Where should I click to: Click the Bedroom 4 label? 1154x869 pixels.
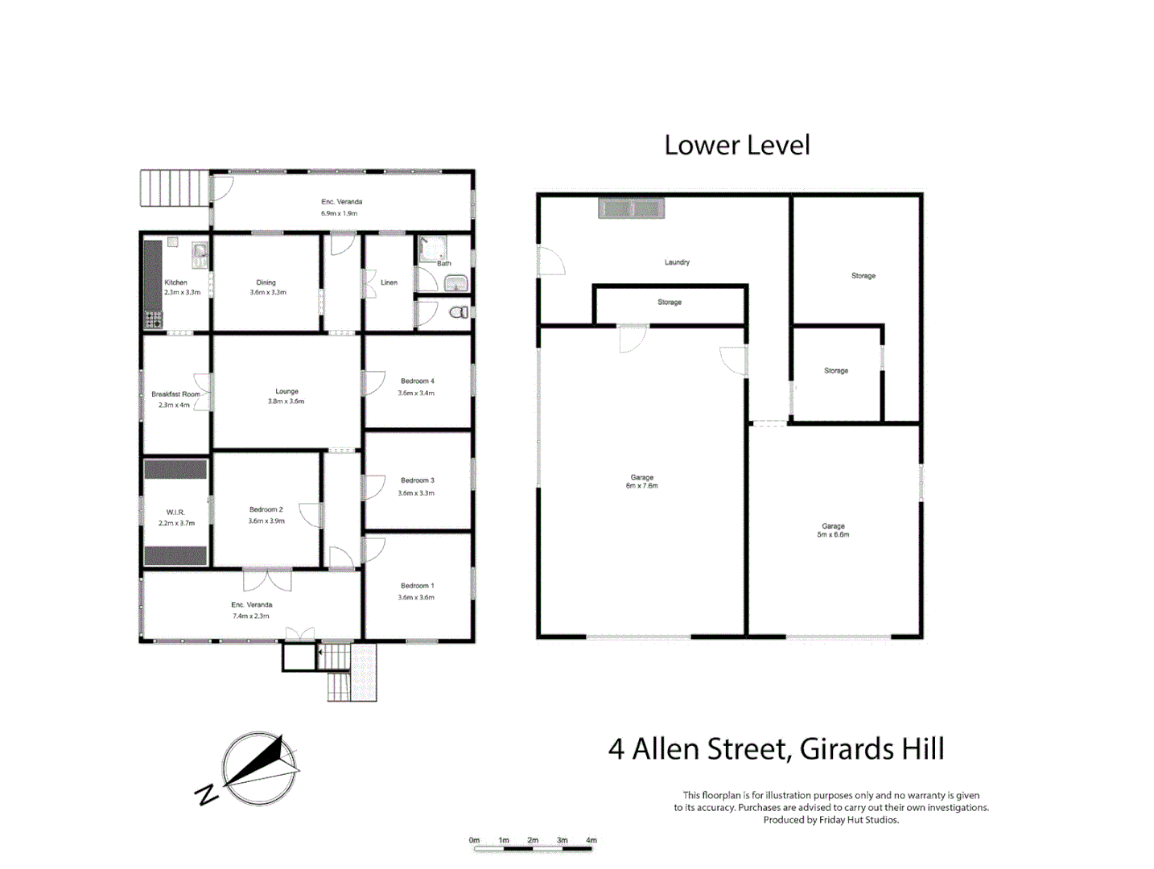[417, 381]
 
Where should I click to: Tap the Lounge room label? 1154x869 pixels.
[286, 392]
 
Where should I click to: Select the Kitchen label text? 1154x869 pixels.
[175, 282]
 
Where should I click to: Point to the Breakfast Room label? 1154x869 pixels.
[175, 394]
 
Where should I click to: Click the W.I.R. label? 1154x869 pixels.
[175, 513]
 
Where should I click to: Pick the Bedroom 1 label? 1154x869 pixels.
[417, 586]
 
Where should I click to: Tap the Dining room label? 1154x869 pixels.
[266, 282]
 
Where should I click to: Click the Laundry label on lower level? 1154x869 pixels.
[677, 262]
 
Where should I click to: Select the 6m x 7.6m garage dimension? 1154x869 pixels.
[641, 486]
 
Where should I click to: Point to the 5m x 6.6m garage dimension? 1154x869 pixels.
[833, 534]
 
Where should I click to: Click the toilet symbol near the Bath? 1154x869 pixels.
[460, 312]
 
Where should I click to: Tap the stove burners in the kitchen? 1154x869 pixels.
[153, 320]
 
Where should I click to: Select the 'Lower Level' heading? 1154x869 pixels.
[736, 146]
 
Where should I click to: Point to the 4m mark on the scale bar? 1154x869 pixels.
[591, 840]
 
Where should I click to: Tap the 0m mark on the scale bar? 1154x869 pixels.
[474, 840]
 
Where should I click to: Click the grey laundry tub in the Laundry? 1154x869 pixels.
[631, 208]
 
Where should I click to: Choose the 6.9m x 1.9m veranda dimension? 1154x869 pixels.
[339, 213]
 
